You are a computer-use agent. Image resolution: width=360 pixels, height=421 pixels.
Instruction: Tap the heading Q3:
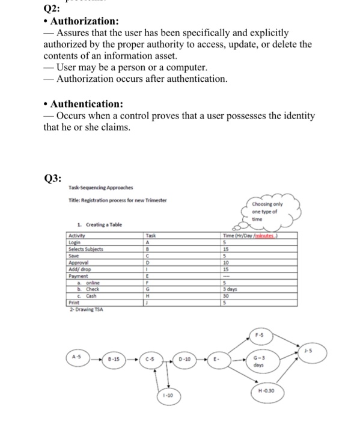pyautogui.click(x=54, y=178)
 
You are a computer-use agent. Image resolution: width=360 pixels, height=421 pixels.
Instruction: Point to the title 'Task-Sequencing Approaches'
pyautogui.click(x=100, y=188)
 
